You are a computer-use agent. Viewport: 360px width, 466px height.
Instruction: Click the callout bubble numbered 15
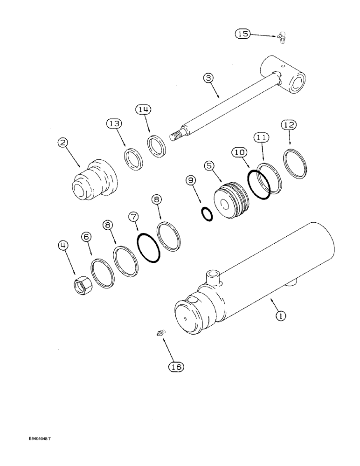pos(243,34)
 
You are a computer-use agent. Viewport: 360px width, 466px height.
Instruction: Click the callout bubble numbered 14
pos(143,110)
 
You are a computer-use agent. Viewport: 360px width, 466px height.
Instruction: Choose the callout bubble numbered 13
pos(114,123)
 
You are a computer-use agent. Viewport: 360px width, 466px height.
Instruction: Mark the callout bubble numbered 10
pos(238,153)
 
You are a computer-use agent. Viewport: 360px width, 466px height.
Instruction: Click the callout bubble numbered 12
pos(288,125)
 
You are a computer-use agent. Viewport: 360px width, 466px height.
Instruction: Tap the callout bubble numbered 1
pos(280,316)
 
